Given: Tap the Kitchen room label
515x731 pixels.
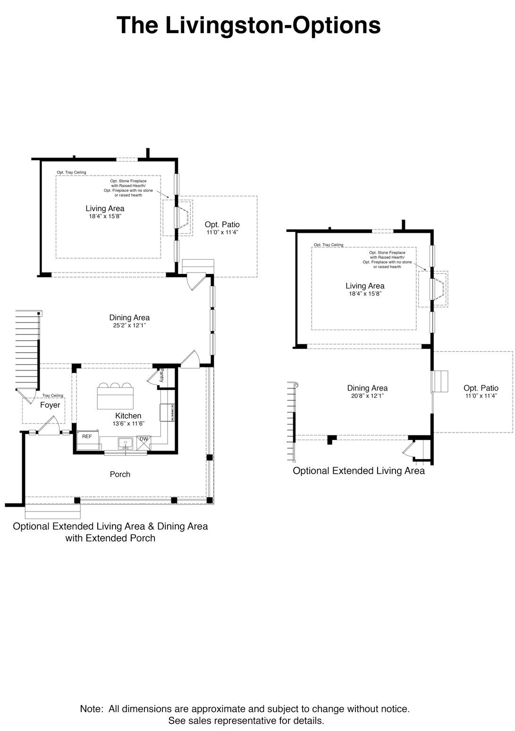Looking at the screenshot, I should point(128,416).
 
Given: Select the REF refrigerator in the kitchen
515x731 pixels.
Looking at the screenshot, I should point(87,437).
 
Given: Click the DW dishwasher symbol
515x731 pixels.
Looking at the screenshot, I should point(144,439).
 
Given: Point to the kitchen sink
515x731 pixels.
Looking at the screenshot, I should point(125,443).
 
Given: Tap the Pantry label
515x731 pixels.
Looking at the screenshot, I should point(161,375).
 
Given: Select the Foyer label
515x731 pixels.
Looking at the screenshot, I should point(50,405).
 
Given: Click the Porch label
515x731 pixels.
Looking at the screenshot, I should point(120,474).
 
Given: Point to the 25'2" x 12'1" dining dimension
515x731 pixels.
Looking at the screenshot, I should point(129,325).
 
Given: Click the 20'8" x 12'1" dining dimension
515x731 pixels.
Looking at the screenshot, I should point(367,396).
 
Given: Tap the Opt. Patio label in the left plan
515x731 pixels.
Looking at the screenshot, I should point(222,225).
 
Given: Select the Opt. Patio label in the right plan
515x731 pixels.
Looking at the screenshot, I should point(481,388).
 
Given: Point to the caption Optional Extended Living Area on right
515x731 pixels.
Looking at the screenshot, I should point(359,471).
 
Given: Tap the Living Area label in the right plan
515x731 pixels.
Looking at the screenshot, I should point(365,286).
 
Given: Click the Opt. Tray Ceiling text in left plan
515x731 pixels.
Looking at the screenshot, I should point(71,172).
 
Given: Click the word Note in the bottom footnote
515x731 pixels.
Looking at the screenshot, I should point(91,708).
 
